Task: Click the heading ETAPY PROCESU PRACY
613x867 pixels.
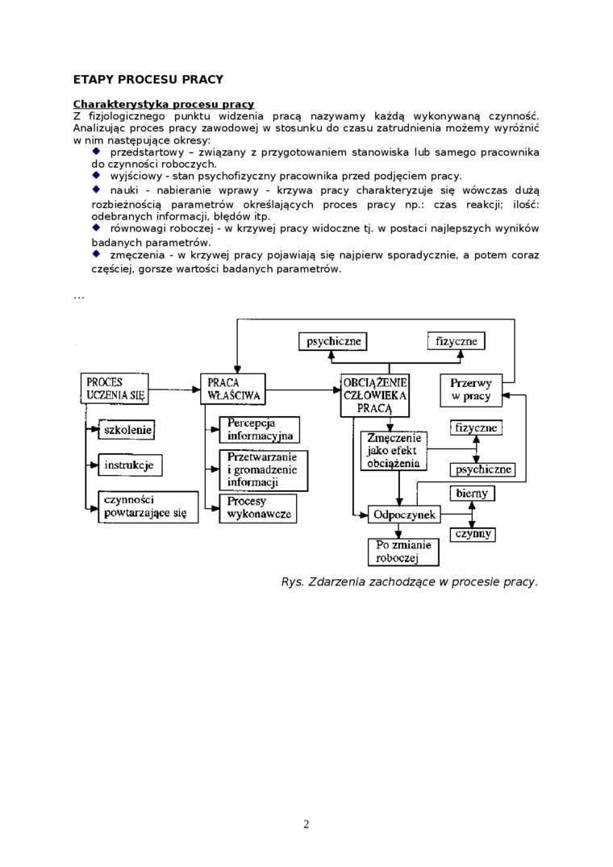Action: [x=148, y=79]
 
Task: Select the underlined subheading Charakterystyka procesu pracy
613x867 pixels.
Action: [x=163, y=104]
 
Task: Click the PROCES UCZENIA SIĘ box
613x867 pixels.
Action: [x=115, y=388]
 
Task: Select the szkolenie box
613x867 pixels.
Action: [x=126, y=430]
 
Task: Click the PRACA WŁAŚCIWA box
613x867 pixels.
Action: [x=233, y=389]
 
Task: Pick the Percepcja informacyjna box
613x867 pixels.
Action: [x=259, y=430]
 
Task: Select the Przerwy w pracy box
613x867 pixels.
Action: [x=471, y=390]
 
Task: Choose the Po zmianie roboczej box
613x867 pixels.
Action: [x=402, y=552]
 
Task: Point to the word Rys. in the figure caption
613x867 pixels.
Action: [x=292, y=581]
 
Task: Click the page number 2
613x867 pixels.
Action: [x=306, y=823]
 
